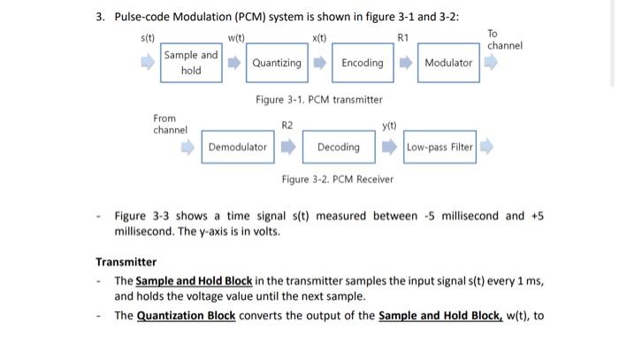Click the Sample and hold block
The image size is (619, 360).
pyautogui.click(x=191, y=63)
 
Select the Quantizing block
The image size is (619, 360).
pyautogui.click(x=277, y=63)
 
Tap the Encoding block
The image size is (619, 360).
pyautogui.click(x=363, y=63)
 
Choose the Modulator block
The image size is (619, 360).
pyautogui.click(x=448, y=63)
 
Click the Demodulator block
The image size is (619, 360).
pyautogui.click(x=237, y=147)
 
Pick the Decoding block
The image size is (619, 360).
pyautogui.click(x=338, y=147)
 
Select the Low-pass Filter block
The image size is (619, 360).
pyautogui.click(x=439, y=147)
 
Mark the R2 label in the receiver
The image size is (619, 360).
pyautogui.click(x=287, y=126)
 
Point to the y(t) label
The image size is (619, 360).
pyautogui.click(x=389, y=126)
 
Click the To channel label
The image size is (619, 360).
pyautogui.click(x=505, y=39)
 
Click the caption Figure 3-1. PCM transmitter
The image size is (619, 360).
pyautogui.click(x=318, y=100)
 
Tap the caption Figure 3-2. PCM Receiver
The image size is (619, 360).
pyautogui.click(x=337, y=180)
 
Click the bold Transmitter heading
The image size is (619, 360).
pyautogui.click(x=126, y=262)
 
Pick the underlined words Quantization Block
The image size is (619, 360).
pyautogui.click(x=186, y=316)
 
